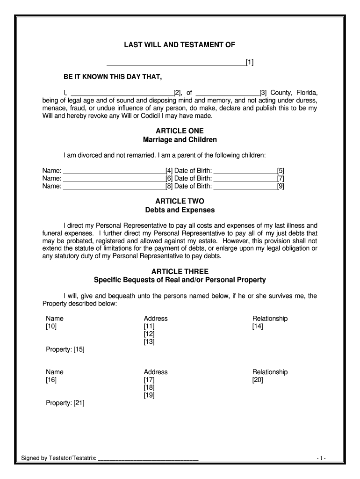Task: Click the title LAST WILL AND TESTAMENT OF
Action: coord(180,45)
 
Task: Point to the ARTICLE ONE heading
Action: coord(180,131)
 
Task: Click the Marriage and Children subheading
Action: coord(180,140)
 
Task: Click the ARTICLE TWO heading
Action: coord(180,201)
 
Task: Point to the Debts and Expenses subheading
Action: coord(180,210)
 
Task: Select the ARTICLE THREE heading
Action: coord(180,271)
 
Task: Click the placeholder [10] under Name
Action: coord(51,327)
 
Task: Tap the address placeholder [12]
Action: coord(149,334)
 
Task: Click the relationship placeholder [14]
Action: coord(258,327)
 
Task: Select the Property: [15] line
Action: coord(65,349)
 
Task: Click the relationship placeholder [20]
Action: coord(258,380)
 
